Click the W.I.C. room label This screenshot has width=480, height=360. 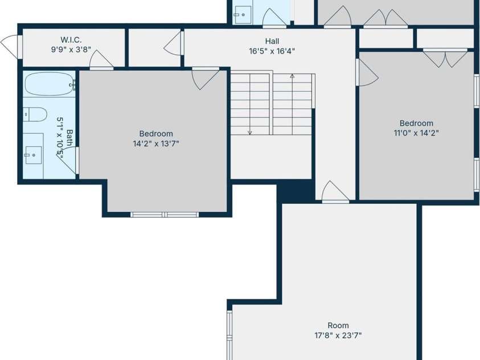click(71, 40)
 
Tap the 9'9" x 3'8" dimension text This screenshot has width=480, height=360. click(71, 50)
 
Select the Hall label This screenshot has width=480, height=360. click(272, 41)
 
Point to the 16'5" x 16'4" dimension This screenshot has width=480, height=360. click(272, 51)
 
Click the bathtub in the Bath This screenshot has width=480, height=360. click(50, 84)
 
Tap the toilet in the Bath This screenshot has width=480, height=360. click(35, 114)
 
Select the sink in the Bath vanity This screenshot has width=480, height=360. click(34, 155)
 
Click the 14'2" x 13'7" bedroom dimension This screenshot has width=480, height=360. click(156, 144)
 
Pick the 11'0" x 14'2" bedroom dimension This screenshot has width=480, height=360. click(416, 133)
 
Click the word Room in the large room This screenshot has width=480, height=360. click(338, 325)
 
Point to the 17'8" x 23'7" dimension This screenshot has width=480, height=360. click(338, 336)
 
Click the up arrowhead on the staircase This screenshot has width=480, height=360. click(292, 76)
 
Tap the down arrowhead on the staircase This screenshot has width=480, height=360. click(250, 133)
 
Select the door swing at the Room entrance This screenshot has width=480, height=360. click(335, 192)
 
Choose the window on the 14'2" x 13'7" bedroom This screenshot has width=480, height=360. click(165, 214)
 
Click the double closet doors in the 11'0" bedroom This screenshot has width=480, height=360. click(445, 58)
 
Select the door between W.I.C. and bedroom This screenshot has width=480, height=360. click(101, 59)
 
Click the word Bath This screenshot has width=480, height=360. click(70, 137)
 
